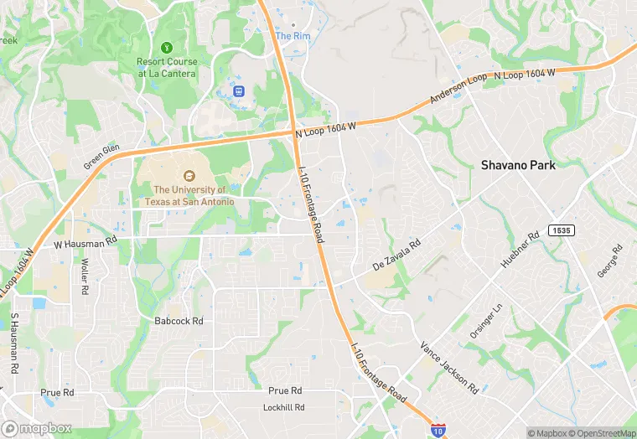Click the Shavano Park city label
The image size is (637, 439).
coord(518,165)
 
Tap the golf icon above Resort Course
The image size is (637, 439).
coord(167,47)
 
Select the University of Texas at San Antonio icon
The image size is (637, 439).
coord(189,175)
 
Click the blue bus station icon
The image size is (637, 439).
coord(239,90)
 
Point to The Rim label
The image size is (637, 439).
coord(293,36)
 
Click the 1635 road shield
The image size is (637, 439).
coord(561,230)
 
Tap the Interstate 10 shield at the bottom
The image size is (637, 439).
coord(438,429)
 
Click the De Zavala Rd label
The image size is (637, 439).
coord(395,254)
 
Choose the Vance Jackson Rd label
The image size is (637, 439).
coord(449,368)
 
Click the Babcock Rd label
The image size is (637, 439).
coord(179,321)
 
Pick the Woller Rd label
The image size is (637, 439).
coord(85,276)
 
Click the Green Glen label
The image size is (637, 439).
coord(101,157)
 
